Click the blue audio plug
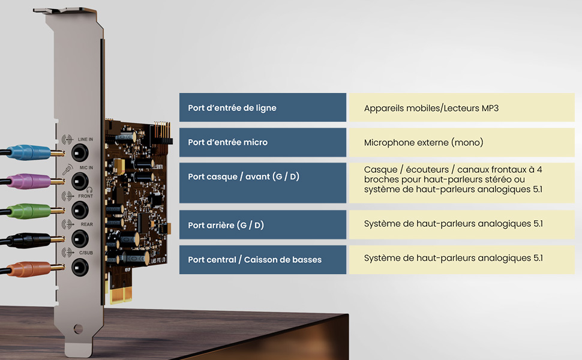pyautogui.click(x=29, y=152)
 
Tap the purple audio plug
pyautogui.click(x=29, y=181)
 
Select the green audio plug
pyautogui.click(x=29, y=211)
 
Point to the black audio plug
pyautogui.click(x=29, y=240)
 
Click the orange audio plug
pyautogui.click(x=29, y=269)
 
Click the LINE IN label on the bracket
pyautogui.click(x=85, y=139)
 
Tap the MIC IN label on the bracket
pyautogui.click(x=86, y=168)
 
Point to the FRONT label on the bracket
pyautogui.click(x=85, y=196)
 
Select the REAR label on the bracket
pyautogui.click(x=87, y=224)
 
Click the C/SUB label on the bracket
pyautogui.click(x=86, y=253)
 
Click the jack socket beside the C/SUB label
pyautogui.click(x=80, y=267)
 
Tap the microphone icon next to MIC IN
pyautogui.click(x=67, y=169)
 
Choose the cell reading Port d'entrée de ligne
pyautogui.click(x=263, y=107)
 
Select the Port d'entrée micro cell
pyautogui.click(x=263, y=142)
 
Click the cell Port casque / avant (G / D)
pyautogui.click(x=263, y=182)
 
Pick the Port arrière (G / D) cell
pyautogui.click(x=263, y=224)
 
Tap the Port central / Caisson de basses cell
pyautogui.click(x=263, y=259)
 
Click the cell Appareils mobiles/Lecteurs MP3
pyautogui.click(x=462, y=107)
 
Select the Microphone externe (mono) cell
pyautogui.click(x=462, y=142)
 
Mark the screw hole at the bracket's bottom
pyautogui.click(x=78, y=328)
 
